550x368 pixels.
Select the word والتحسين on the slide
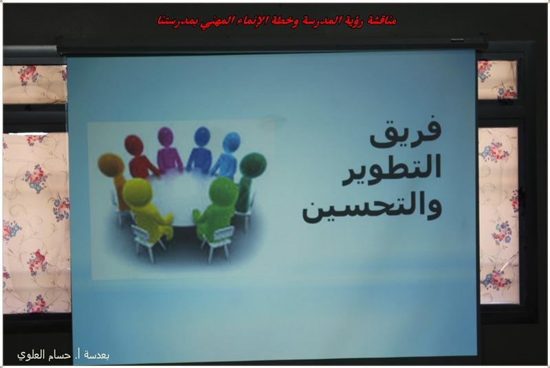pyautogui.click(x=372, y=208)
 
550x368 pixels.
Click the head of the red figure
pyautogui.click(x=134, y=145)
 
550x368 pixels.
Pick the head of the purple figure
pyautogui.click(x=166, y=137)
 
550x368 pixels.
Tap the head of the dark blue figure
pyautogui.click(x=202, y=136)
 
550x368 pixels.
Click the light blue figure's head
pyautogui.click(x=231, y=142)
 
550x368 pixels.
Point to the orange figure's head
pyautogui.click(x=111, y=165)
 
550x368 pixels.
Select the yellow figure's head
pyautogui.click(x=137, y=192)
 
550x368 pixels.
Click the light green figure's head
pyautogui.click(x=224, y=192)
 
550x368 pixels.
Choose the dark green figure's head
pyautogui.click(x=253, y=165)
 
